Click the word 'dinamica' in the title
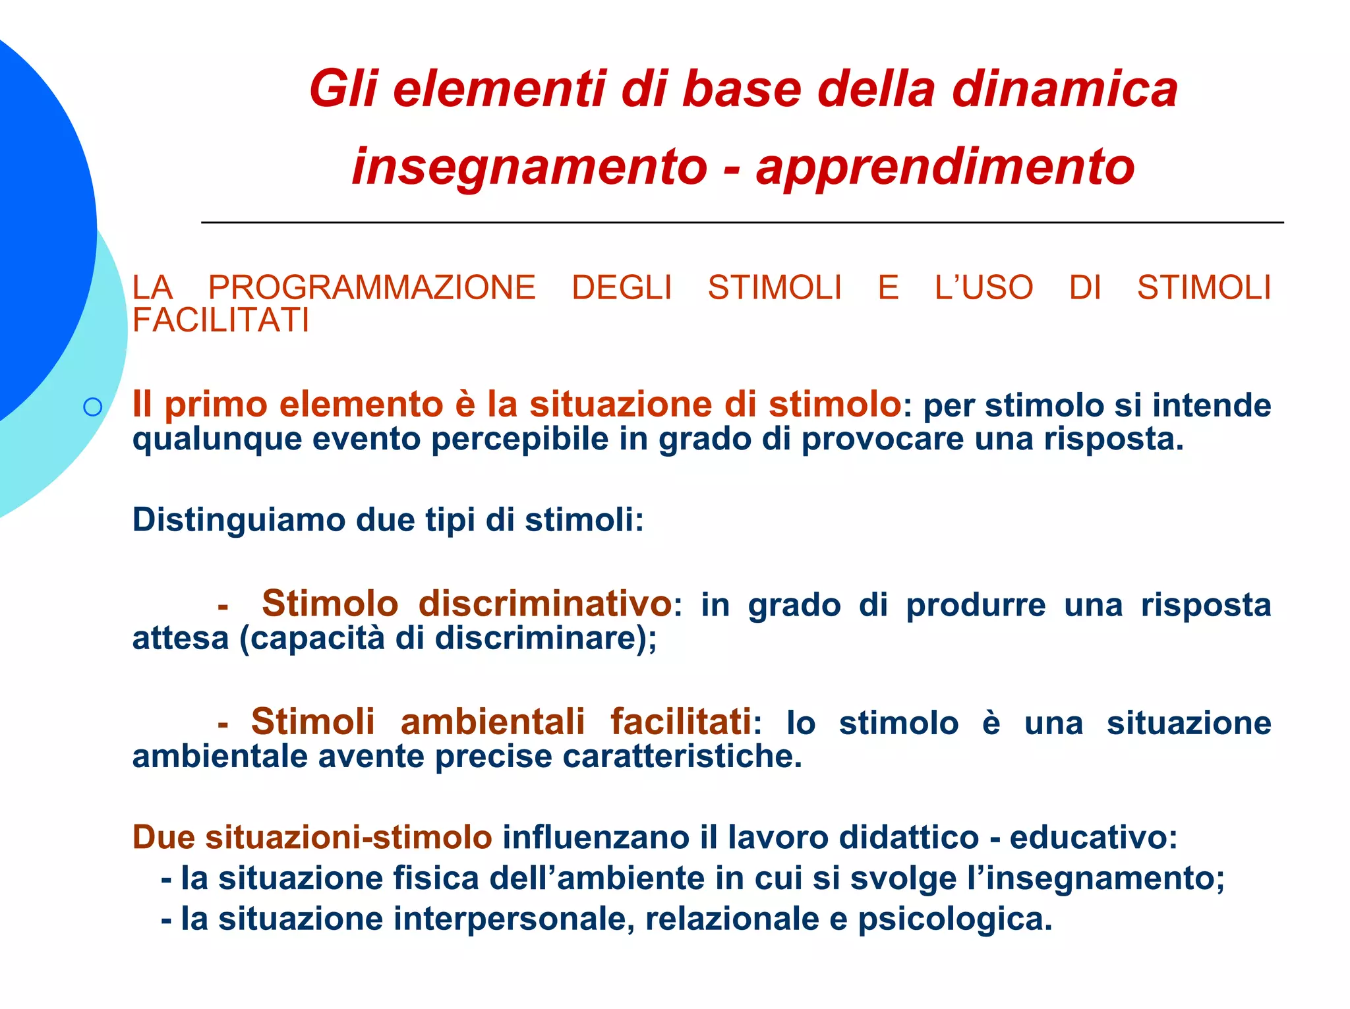coord(1064,90)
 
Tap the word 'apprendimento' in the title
coord(945,167)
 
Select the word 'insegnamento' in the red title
coord(529,167)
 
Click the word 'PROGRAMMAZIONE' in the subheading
coord(372,288)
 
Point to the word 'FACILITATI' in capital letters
coord(221,321)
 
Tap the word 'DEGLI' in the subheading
coord(622,288)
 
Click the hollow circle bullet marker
coord(93,407)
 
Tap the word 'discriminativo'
coord(545,604)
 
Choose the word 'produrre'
coord(976,605)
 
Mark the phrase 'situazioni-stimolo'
coord(349,838)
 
